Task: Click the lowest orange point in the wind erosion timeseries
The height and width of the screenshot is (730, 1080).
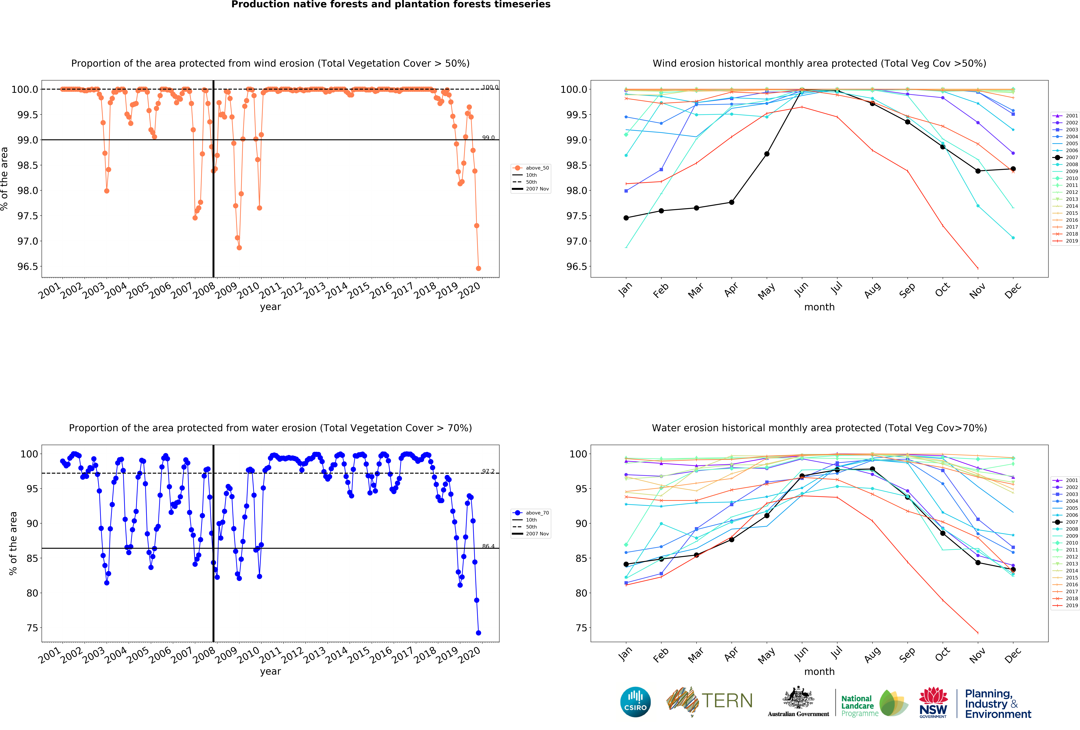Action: click(478, 268)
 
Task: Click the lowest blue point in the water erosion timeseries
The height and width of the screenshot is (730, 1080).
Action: click(478, 633)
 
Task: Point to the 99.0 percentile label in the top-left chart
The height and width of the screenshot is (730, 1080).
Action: click(488, 138)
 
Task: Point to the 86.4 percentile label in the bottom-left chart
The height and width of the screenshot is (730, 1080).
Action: click(488, 546)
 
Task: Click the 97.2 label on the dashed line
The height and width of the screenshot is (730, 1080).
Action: click(488, 471)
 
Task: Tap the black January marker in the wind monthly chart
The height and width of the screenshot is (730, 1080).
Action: click(626, 218)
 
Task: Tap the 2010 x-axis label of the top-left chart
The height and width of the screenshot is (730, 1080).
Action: click(249, 291)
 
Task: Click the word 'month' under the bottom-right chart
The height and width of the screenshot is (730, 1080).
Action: click(819, 671)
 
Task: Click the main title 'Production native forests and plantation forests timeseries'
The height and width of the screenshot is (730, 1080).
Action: click(391, 5)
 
